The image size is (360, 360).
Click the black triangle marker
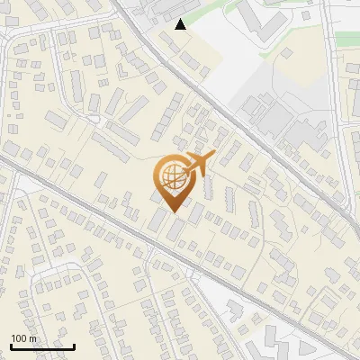tap(181, 24)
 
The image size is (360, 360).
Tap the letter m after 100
tap(32, 338)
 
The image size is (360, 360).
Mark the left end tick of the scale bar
tap(11, 346)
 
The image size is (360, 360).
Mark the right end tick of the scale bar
tap(74, 346)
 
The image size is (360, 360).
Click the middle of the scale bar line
tap(42, 346)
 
